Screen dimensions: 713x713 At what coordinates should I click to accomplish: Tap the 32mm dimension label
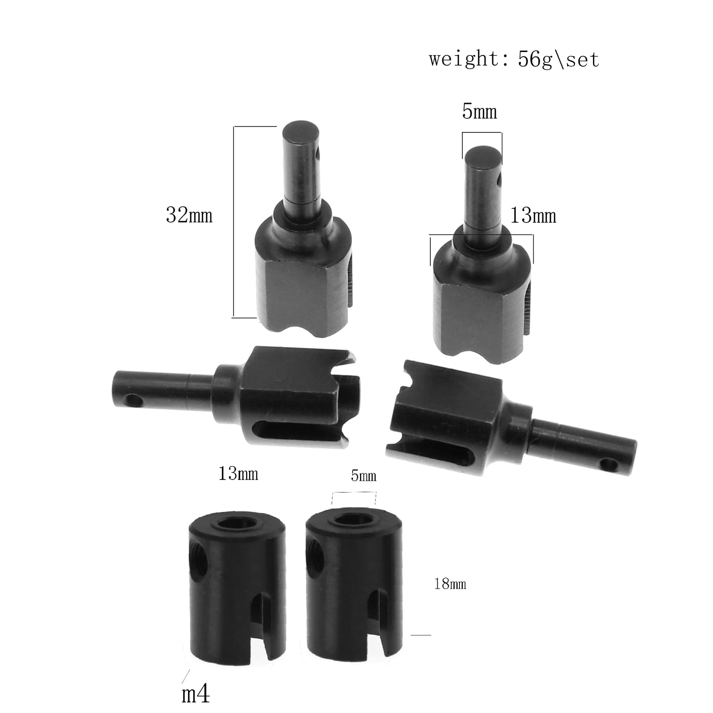(x=189, y=215)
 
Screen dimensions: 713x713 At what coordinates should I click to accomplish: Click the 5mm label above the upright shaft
(x=479, y=112)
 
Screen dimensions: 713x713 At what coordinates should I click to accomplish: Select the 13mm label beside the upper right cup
(x=533, y=216)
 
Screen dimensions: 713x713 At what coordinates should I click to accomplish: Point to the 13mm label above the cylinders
(x=238, y=474)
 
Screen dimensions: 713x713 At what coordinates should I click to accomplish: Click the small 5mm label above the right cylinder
(x=363, y=476)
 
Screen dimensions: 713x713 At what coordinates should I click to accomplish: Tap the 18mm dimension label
(x=450, y=584)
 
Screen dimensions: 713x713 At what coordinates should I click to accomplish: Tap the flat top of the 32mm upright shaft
(x=301, y=131)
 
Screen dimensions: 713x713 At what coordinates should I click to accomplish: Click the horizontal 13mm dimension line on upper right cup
(x=481, y=235)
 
